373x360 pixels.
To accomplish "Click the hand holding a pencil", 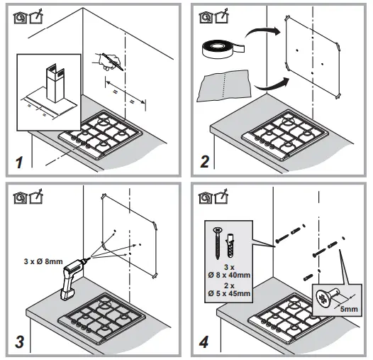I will pos(107,62).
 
